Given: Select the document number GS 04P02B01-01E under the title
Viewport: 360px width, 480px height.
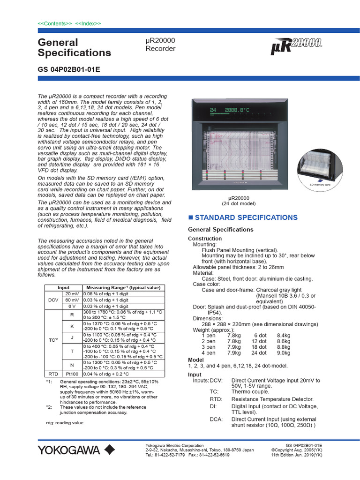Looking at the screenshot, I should [x=68, y=69].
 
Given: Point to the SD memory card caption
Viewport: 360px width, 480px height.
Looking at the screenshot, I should [x=320, y=185].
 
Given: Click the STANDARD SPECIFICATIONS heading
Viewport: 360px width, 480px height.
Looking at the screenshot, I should [x=246, y=217].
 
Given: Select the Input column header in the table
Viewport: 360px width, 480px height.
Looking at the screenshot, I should [x=63, y=288].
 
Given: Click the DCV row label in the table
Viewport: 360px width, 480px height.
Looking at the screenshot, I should [x=52, y=300].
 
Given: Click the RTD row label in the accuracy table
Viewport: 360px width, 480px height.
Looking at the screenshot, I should [x=52, y=374].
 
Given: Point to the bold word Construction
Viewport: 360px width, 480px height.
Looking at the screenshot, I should [x=205, y=239].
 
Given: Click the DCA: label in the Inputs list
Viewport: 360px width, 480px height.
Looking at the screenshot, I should [x=216, y=420].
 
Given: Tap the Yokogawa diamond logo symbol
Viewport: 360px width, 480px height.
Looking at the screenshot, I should [x=109, y=450].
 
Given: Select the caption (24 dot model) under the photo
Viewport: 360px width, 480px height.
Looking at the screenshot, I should [x=238, y=204].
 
